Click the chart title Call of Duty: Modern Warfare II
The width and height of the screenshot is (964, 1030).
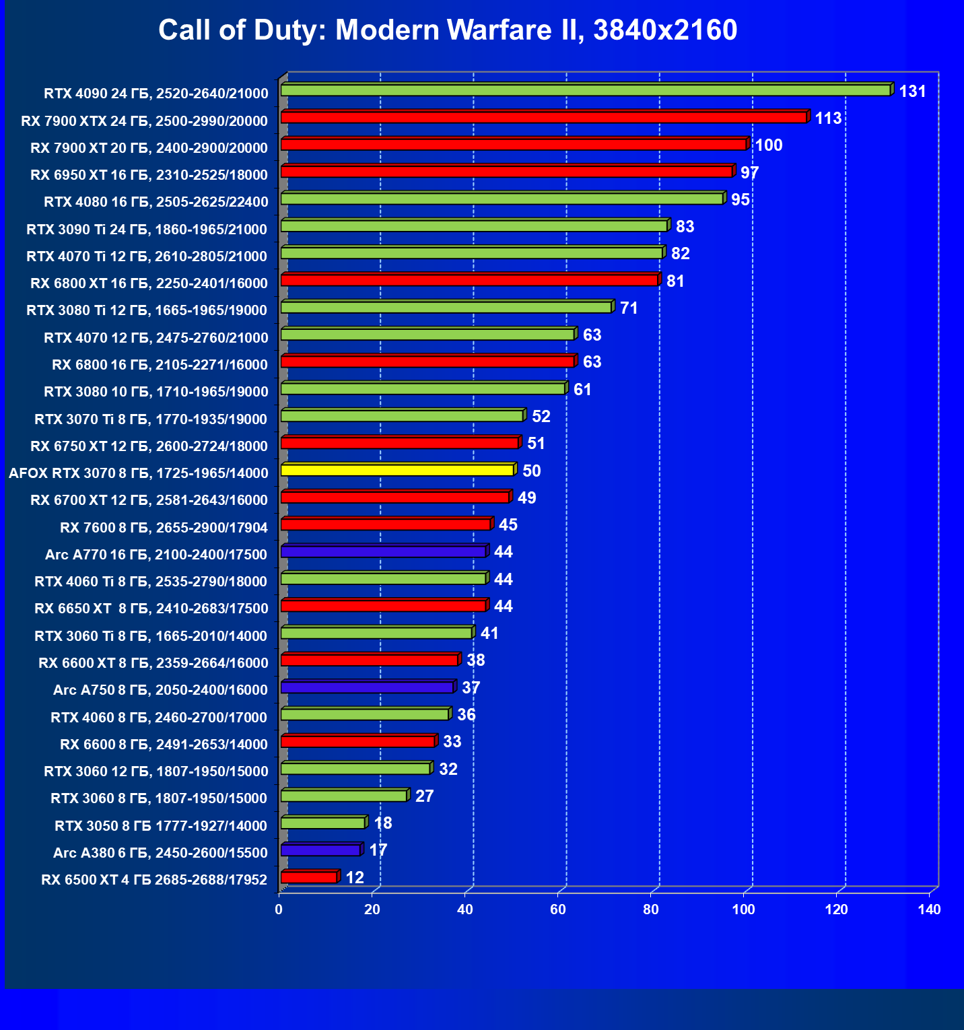(x=448, y=30)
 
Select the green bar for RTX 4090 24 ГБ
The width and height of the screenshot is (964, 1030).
(x=585, y=90)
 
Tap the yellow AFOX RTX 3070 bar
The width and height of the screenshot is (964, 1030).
(x=397, y=470)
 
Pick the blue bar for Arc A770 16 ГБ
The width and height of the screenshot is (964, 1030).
(x=383, y=552)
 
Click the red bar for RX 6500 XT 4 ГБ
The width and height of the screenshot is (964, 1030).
(x=308, y=877)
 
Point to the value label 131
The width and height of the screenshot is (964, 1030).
(x=912, y=92)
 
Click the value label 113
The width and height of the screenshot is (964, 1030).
(x=828, y=118)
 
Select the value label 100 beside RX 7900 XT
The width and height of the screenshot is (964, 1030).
(x=768, y=145)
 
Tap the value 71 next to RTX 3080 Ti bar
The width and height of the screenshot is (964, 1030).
(x=629, y=308)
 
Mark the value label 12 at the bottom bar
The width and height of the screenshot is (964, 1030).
(x=355, y=877)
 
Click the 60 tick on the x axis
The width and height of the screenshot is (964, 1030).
(x=558, y=909)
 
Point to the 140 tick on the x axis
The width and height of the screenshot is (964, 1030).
(x=929, y=909)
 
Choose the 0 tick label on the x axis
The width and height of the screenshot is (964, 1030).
(x=279, y=909)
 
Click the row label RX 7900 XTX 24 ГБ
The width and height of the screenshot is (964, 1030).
(x=144, y=121)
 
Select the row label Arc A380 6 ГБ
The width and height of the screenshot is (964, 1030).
(x=160, y=853)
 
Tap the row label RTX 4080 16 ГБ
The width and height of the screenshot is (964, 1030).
(x=156, y=202)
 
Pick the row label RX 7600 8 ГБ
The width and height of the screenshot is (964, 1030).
(x=164, y=527)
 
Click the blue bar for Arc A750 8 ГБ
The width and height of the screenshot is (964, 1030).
(x=367, y=687)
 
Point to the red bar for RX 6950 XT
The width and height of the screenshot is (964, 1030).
(x=506, y=172)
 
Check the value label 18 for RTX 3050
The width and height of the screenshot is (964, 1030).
(x=382, y=823)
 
